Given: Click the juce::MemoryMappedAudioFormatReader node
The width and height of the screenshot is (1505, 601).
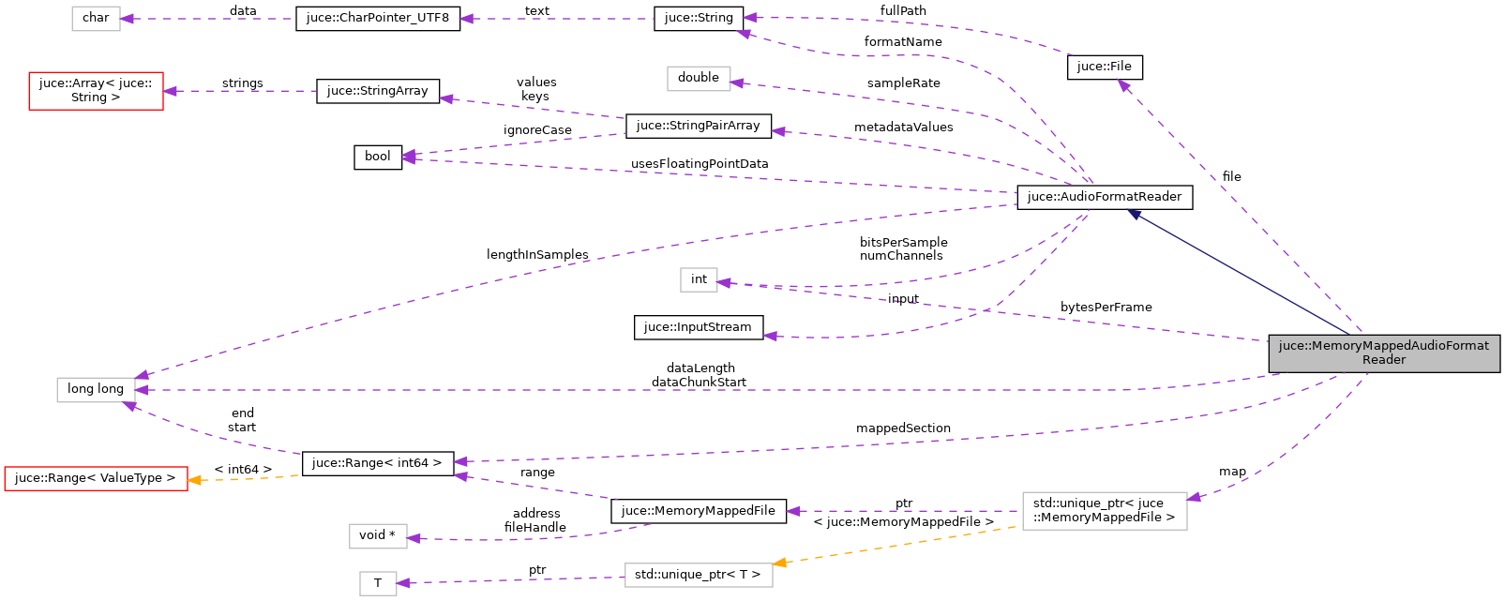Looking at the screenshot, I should click(1383, 353).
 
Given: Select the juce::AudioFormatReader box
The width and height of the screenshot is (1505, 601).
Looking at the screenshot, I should click(1104, 197).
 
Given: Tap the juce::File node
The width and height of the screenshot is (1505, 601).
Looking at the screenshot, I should click(1104, 67).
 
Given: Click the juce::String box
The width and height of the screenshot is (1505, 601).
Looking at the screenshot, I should click(698, 18).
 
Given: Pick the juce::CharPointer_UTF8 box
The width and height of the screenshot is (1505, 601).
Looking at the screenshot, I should click(377, 18).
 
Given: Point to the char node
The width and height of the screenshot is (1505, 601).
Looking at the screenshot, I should click(96, 18).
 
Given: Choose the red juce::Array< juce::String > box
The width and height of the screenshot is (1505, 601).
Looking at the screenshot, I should click(96, 91).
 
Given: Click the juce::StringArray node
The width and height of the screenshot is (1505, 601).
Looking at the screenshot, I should click(377, 91).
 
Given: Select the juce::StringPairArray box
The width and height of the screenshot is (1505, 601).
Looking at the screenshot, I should click(698, 126).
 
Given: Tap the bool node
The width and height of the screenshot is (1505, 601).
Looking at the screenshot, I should click(377, 157).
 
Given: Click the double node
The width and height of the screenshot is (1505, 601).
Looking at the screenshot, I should click(698, 78).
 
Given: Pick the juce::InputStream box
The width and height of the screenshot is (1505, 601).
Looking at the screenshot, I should click(698, 327).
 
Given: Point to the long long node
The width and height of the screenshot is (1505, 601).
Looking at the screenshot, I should click(96, 389).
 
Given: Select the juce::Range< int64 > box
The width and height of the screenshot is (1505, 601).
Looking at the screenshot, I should click(377, 463).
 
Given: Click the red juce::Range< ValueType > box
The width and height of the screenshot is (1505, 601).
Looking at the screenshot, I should click(96, 478).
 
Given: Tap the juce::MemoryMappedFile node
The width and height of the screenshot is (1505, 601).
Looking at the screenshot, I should click(698, 511).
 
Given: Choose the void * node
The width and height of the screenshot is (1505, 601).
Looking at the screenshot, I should click(377, 535).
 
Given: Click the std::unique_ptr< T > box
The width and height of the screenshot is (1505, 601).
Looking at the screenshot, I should click(698, 575).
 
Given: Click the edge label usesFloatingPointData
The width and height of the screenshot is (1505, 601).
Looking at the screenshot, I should click(699, 164).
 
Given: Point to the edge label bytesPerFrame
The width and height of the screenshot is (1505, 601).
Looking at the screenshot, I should click(1106, 308).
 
